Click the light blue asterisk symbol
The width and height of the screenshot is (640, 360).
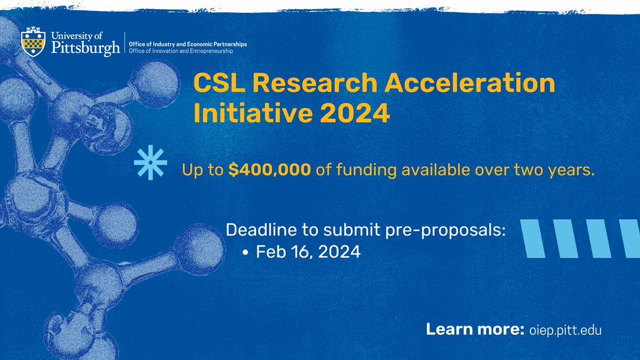coord(150,162)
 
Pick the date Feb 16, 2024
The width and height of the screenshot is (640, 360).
coord(308,251)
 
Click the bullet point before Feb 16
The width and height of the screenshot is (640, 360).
coord(246,252)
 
